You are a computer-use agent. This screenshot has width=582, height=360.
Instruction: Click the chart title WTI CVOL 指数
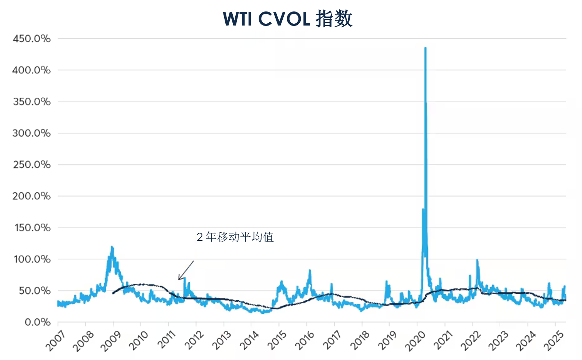tap(287, 19)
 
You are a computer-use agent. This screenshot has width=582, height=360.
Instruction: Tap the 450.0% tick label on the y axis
tap(31, 39)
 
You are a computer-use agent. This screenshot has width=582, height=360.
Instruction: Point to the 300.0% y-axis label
tap(31, 133)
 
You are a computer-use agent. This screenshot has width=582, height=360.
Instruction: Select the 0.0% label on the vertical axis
tap(38, 322)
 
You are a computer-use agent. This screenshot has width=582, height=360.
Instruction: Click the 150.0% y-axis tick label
tap(33, 228)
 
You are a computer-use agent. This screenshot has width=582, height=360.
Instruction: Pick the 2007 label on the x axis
tap(55, 341)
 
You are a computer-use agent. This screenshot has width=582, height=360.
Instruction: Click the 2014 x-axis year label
tap(249, 341)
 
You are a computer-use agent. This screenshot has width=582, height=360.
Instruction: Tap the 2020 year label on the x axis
tap(415, 341)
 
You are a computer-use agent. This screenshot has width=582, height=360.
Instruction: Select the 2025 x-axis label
tap(554, 341)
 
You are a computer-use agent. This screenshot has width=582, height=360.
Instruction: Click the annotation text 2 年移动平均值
tap(235, 237)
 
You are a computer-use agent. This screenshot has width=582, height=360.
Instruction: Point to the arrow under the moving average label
tap(186, 270)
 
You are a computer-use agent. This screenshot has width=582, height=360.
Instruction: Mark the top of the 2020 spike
tap(425, 48)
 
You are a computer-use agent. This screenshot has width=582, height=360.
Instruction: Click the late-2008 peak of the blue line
tap(112, 247)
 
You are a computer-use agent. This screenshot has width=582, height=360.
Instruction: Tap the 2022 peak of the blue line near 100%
tap(477, 260)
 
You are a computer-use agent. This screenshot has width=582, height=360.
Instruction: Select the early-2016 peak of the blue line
tap(310, 270)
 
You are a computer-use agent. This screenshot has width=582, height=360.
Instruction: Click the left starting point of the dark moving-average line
tap(113, 293)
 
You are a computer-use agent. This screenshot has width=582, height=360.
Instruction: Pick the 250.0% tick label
tap(32, 165)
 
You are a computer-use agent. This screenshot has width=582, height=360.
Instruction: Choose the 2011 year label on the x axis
tap(166, 341)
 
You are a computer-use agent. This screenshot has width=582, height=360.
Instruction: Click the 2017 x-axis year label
tap(332, 341)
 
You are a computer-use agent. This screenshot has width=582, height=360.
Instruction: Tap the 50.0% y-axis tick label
tap(34, 291)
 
